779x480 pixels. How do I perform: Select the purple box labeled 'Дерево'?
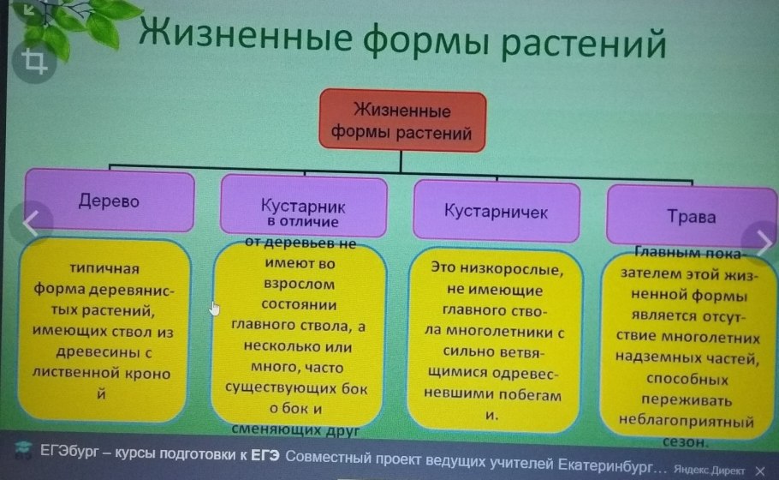pos(109,201)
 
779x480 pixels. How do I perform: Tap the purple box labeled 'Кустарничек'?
pos(496,210)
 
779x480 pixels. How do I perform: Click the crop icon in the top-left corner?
pos(35,61)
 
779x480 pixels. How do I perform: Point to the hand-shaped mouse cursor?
pos(215,308)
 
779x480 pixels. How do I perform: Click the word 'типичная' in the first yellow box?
pos(105,270)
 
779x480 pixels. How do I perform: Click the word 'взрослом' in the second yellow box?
pos(295,284)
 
